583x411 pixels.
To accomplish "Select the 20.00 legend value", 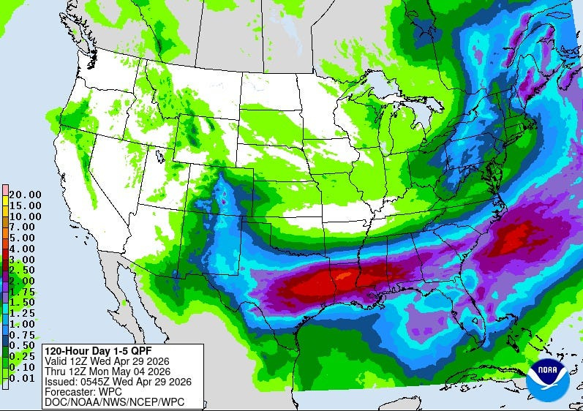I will pyautogui.click(x=25, y=195).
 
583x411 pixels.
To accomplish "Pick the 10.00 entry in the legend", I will pyautogui.click(x=25, y=216).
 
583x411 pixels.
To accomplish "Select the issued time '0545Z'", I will pyautogui.click(x=92, y=380).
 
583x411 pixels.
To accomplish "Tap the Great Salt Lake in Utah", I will pyautogui.click(x=159, y=156).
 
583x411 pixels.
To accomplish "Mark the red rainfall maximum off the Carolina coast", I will pyautogui.click(x=516, y=235).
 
